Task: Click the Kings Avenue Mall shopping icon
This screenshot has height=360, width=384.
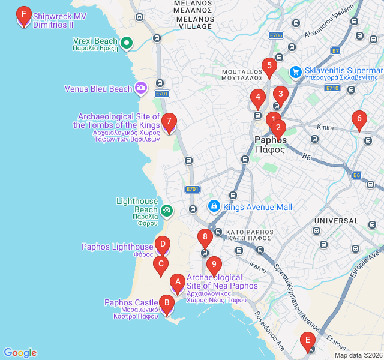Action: tap(214, 206)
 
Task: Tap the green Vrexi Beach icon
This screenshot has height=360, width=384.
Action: tap(127, 43)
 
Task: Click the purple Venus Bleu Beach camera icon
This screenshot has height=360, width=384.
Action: tap(140, 89)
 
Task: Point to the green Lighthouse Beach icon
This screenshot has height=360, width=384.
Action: tap(167, 210)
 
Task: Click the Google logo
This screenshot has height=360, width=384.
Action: tap(20, 353)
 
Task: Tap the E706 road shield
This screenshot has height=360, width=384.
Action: tap(275, 35)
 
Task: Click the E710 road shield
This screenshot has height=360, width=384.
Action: tap(332, 88)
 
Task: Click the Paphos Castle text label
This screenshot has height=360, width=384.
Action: tap(131, 302)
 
